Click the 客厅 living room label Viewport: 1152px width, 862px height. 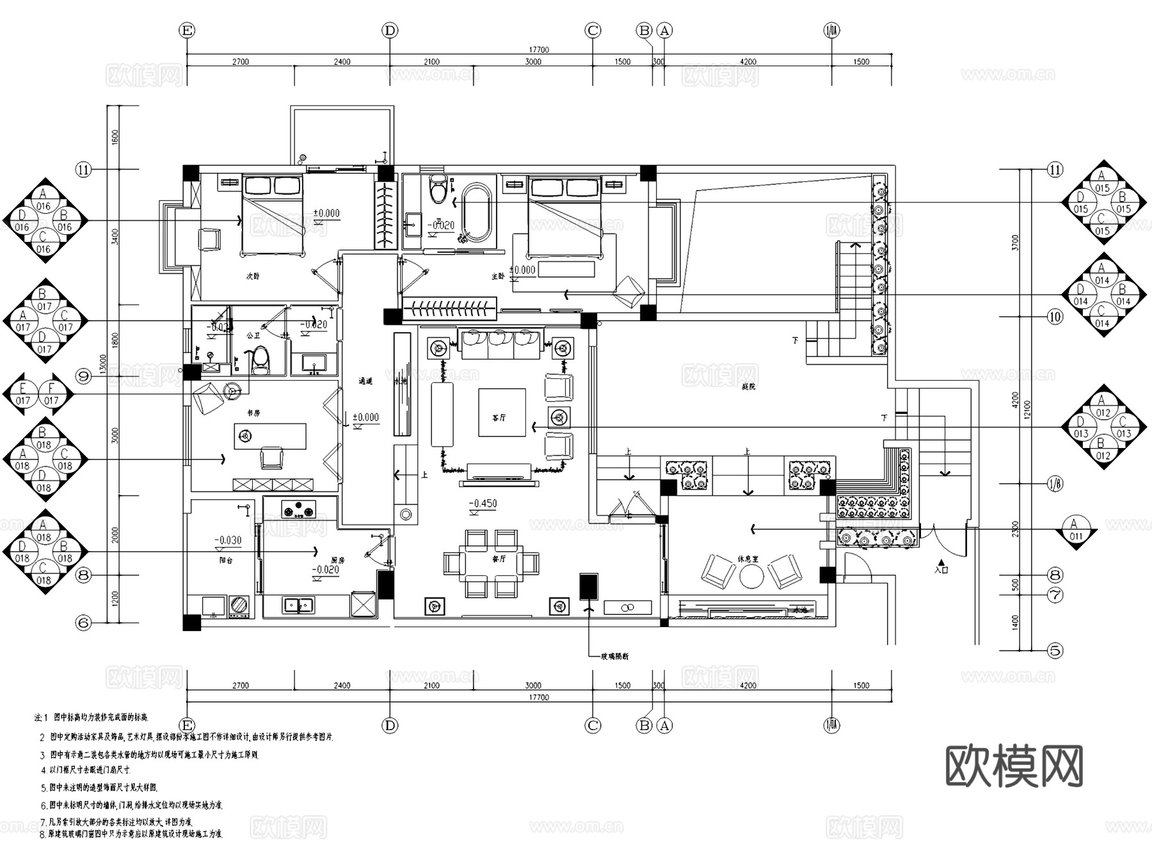coord(499,418)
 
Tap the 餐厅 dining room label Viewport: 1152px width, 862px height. coord(499,559)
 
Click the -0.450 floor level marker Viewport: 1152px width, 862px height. coord(483,504)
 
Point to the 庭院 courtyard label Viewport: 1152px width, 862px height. coord(749,387)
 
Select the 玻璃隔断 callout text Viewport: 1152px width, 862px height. coord(614,656)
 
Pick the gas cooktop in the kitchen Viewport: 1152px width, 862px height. coord(299,511)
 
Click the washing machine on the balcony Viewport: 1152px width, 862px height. coord(239,606)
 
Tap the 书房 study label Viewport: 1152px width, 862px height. coord(254,413)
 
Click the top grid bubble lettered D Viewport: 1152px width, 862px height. coord(390,30)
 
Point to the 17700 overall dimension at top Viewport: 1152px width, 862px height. coord(539,50)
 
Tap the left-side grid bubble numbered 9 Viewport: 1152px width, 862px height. coord(84,376)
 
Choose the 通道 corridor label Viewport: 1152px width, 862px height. coord(365,381)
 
